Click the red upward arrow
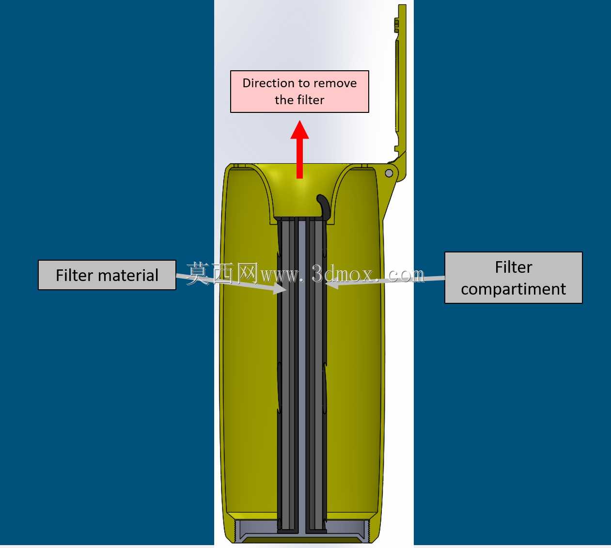point(299,150)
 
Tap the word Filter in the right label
point(514,267)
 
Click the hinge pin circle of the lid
point(389,173)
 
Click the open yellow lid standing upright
point(401,91)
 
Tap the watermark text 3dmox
point(342,274)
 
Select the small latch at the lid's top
point(396,25)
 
